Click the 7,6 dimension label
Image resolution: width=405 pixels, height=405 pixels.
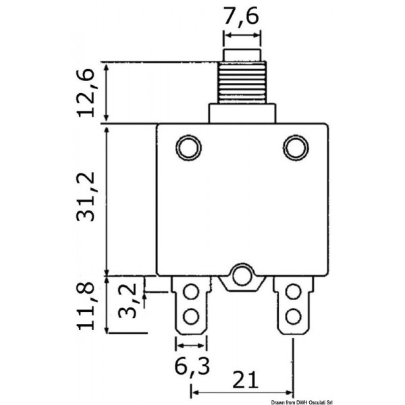pos(242,16)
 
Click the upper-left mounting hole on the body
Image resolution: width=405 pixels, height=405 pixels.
pos(189,146)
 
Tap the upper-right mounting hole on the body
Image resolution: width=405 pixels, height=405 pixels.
pos(295,146)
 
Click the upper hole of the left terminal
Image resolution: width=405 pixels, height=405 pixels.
pos(190,292)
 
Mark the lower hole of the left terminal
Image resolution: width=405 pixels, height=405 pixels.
pos(190,315)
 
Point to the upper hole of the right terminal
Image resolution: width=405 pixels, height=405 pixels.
pos(293,292)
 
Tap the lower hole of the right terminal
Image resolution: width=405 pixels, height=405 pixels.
pos(293,315)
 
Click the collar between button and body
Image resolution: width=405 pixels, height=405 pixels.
pos(242,113)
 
